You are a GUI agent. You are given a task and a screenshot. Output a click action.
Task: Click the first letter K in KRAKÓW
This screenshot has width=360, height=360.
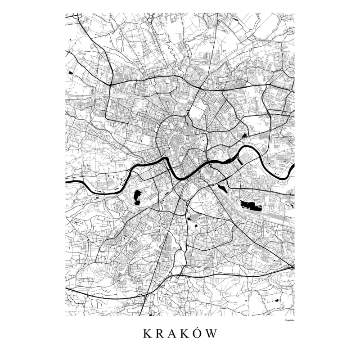point(147,334)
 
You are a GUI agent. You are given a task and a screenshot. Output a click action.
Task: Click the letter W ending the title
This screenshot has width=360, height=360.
point(212,334)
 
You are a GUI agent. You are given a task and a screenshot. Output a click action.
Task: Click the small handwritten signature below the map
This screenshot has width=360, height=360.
point(286,320)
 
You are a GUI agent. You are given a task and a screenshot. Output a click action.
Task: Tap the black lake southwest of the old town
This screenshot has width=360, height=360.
point(137,197)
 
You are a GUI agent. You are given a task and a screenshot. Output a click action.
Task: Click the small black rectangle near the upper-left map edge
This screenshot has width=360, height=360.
point(71,72)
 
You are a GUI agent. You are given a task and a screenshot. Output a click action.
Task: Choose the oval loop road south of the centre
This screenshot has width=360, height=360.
point(180,258)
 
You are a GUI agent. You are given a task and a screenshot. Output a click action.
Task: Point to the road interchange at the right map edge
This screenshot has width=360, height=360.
point(292,268)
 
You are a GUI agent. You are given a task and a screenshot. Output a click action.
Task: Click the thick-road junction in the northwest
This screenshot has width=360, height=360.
point(111,83)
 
